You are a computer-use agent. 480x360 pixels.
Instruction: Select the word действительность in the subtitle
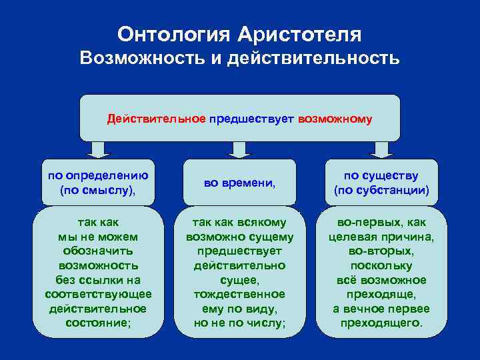[x=313, y=59]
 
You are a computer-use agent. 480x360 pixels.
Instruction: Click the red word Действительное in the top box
[x=157, y=119]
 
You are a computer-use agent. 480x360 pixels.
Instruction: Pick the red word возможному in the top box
[x=335, y=119]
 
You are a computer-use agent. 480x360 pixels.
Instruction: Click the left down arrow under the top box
[x=98, y=149]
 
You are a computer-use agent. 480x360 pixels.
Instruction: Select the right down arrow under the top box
[x=381, y=149]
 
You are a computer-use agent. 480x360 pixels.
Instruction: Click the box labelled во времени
[x=240, y=181]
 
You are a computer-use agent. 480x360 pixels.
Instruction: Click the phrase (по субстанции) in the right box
[x=381, y=190]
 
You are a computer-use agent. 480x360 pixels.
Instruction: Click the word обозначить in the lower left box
[x=98, y=251]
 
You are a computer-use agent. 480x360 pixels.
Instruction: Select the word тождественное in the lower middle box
[x=240, y=294]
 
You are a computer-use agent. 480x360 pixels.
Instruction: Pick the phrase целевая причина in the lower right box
[x=381, y=237]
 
